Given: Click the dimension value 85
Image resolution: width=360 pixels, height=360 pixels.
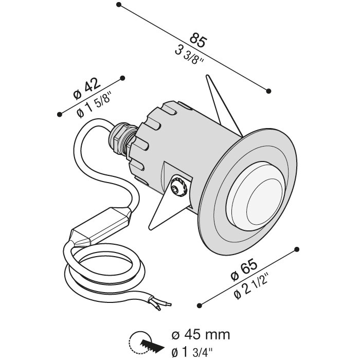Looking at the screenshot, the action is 199,41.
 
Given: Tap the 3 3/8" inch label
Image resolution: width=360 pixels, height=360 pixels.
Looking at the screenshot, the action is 189,56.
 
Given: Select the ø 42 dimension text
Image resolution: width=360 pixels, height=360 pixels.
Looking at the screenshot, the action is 87,88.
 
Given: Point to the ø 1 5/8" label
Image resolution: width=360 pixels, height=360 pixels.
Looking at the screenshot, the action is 94,105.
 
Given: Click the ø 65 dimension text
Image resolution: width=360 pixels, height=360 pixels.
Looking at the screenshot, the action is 244,269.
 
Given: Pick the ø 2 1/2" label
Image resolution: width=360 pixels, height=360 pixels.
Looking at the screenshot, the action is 251,286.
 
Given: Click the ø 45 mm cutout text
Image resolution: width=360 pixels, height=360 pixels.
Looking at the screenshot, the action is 201,334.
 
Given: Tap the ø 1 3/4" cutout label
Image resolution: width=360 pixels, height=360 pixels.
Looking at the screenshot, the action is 192,351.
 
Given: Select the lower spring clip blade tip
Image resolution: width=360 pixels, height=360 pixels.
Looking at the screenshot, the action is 150,228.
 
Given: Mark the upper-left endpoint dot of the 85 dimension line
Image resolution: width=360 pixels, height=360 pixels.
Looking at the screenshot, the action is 118,5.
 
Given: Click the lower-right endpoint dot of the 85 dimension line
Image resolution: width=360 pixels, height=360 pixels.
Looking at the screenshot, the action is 268,91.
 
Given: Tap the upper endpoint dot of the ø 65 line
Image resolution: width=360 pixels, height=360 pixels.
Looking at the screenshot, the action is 297,249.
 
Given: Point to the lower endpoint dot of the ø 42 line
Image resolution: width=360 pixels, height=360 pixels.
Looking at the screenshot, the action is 60,114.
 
